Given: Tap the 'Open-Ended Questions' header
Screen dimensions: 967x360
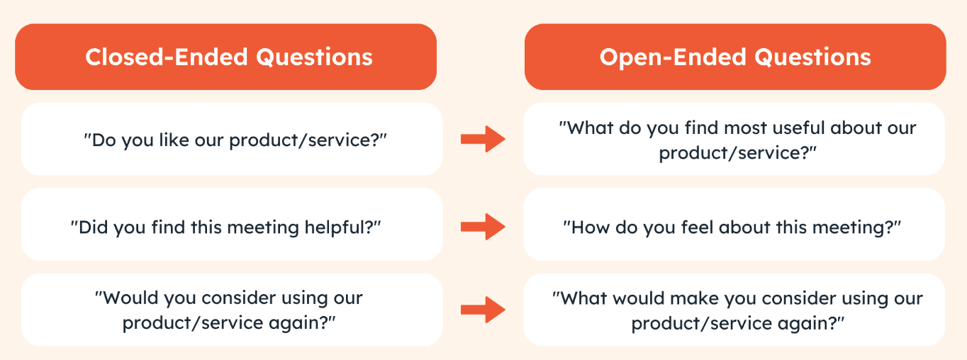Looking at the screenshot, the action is point(735,57).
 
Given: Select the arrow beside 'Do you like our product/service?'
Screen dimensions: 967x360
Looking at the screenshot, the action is point(483,139).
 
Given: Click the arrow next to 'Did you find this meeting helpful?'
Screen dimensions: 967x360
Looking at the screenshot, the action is point(483,227).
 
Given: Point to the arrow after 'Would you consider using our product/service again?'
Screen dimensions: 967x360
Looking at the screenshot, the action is point(483,310).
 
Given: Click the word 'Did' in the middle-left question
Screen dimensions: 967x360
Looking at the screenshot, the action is point(93,227).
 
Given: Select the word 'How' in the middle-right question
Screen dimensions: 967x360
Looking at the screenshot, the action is point(590,227).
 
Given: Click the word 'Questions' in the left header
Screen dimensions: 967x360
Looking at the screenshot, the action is point(314,57).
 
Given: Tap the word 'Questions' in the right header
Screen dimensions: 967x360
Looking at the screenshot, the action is point(812,57).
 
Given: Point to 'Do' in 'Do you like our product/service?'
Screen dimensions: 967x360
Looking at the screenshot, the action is point(104,140).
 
